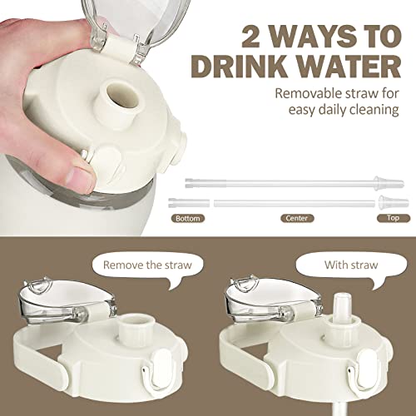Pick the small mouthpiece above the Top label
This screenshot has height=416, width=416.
pos(387,202)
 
